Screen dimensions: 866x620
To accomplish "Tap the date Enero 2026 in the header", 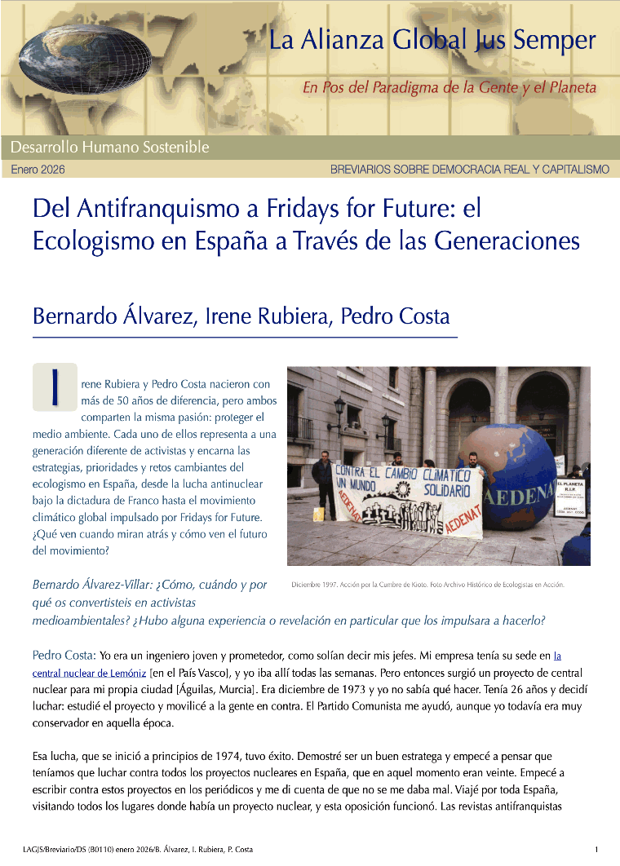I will click(38, 170).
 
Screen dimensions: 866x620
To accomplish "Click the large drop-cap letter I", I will click(55, 387).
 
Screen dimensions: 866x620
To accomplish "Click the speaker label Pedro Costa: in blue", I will click(64, 655).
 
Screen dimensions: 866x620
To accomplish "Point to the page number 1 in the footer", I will click(597, 849).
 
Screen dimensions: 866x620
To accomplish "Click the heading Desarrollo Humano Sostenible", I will click(110, 148).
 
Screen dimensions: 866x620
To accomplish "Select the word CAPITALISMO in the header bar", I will click(571, 170).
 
